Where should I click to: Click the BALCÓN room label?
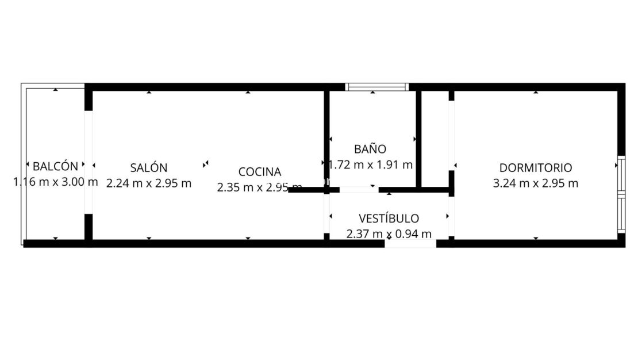(x=55, y=167)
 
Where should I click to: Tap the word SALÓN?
(x=149, y=168)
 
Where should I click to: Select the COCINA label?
(x=260, y=172)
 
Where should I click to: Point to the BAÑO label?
(x=370, y=149)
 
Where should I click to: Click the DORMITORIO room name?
(x=536, y=168)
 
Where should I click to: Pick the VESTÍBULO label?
(x=389, y=219)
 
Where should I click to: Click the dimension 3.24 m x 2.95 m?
(x=536, y=183)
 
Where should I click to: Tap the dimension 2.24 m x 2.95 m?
(x=149, y=183)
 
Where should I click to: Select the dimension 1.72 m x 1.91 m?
(x=371, y=165)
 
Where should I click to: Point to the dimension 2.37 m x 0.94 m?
(x=389, y=234)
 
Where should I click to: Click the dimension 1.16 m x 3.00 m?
(x=55, y=182)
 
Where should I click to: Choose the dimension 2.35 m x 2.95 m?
(x=260, y=187)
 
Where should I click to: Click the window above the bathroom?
(x=377, y=87)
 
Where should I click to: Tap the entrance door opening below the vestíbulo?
(x=410, y=244)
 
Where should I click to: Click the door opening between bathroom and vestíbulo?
(x=359, y=189)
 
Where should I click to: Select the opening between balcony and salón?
(x=89, y=162)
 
